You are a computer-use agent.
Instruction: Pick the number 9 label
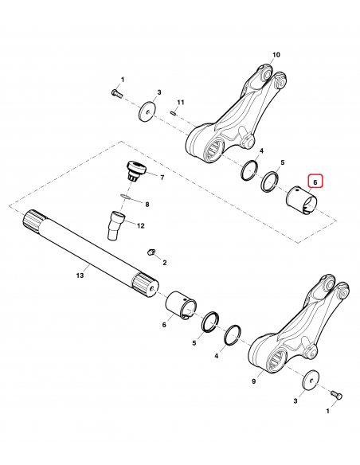pyautogui.click(x=254, y=381)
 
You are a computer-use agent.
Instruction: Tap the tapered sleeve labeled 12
pyautogui.click(x=115, y=224)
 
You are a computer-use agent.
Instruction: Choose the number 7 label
pyautogui.click(x=162, y=177)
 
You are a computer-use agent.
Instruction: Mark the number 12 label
pyautogui.click(x=140, y=226)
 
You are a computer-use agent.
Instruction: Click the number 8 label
pyautogui.click(x=146, y=205)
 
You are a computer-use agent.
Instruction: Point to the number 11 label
pyautogui.click(x=181, y=103)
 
